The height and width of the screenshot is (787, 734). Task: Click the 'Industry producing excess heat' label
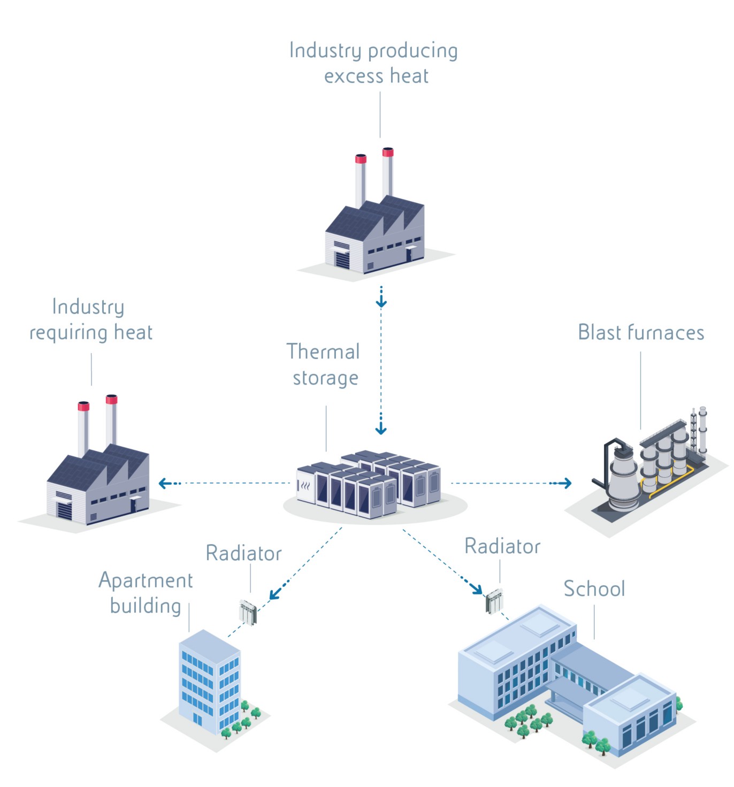(x=373, y=63)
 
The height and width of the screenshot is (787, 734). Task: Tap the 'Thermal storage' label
(x=324, y=364)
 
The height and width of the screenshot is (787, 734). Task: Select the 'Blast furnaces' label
(x=641, y=332)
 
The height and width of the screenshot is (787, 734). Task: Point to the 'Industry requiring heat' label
(x=91, y=319)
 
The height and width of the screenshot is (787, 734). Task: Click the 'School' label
(x=594, y=589)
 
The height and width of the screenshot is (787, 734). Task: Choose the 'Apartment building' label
(x=146, y=593)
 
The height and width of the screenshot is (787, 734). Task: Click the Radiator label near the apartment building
(x=243, y=553)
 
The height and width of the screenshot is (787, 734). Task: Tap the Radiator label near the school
(x=502, y=546)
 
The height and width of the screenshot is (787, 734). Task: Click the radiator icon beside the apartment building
(x=248, y=613)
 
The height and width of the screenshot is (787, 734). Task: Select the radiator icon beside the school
(x=494, y=601)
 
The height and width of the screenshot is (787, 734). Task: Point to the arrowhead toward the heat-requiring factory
(x=164, y=483)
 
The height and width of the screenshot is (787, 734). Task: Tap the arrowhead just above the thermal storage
(x=381, y=430)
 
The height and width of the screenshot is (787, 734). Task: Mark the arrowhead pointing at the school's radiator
(x=477, y=589)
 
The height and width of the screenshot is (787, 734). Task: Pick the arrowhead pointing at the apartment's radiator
(x=274, y=594)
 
